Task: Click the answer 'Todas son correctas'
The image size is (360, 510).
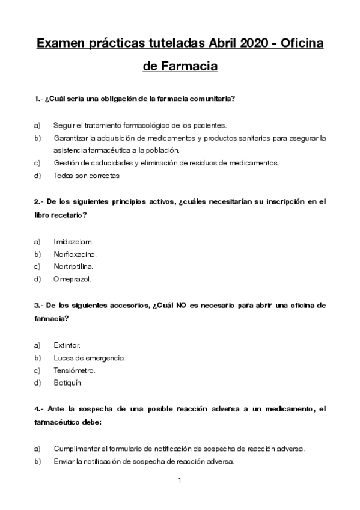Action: [x=87, y=176]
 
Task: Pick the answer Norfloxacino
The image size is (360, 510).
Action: [x=75, y=254]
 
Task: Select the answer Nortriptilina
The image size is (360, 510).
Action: [x=74, y=266]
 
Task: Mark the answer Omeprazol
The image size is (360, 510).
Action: [x=72, y=279]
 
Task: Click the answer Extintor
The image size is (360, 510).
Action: [x=67, y=345]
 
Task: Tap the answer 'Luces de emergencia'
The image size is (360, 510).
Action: [x=89, y=358]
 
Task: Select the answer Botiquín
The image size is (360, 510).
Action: [x=68, y=383]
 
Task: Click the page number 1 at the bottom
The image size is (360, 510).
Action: [x=180, y=481]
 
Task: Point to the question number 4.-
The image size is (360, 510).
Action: [x=39, y=409]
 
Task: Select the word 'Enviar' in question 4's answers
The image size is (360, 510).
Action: [x=63, y=461]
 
